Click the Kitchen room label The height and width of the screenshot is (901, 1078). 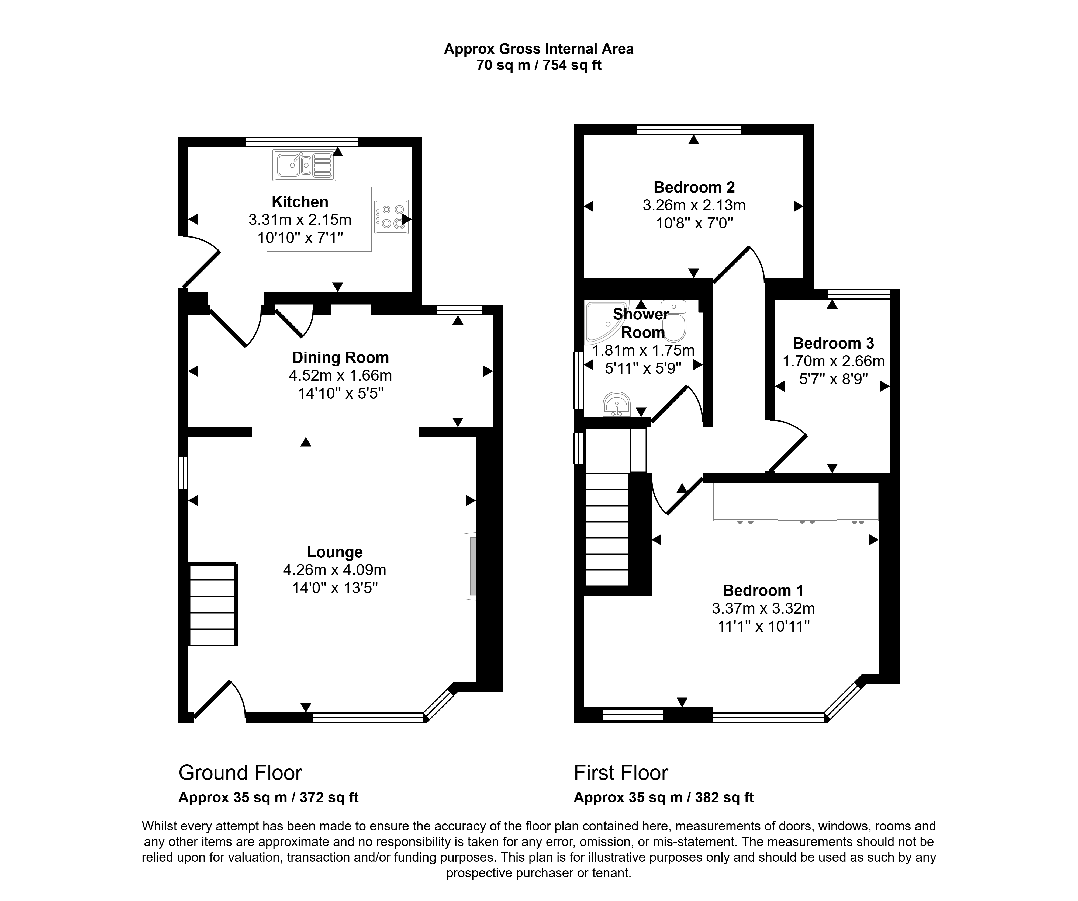[300, 202]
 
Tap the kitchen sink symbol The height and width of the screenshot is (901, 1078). [305, 165]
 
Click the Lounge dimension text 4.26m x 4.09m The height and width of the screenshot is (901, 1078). [335, 569]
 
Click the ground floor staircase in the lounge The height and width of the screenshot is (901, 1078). [213, 604]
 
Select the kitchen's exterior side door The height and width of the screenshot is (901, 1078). [201, 261]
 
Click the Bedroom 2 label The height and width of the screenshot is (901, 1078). [694, 187]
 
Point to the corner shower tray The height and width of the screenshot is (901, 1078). [606, 322]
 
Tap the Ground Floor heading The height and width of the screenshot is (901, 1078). [240, 772]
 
